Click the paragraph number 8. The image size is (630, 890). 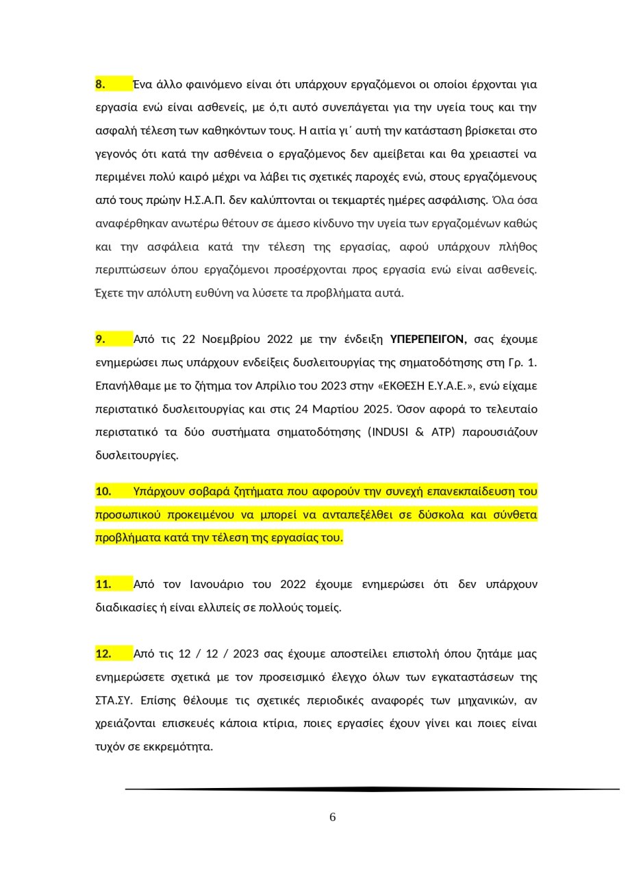click(x=100, y=84)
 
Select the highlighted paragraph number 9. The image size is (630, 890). click(x=100, y=339)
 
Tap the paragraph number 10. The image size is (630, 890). click(x=103, y=491)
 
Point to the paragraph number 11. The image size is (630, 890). click(x=103, y=584)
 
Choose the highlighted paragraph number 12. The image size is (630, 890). click(x=103, y=653)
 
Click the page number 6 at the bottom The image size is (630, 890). click(x=333, y=817)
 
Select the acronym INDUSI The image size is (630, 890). click(x=390, y=432)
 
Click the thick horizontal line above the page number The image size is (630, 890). click(x=372, y=789)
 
